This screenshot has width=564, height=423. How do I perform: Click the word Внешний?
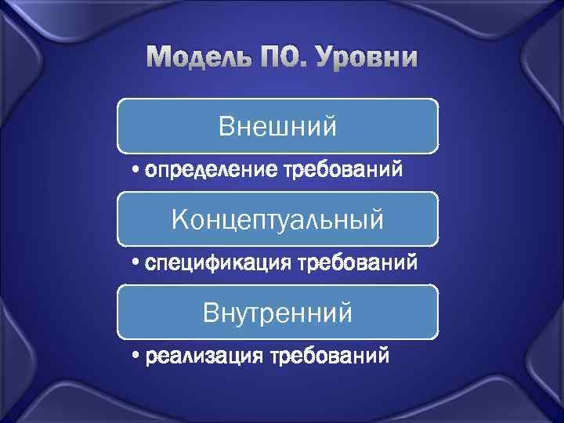pyautogui.click(x=277, y=125)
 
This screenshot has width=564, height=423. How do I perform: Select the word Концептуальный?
pyautogui.click(x=277, y=219)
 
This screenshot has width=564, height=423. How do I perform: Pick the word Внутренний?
pyautogui.click(x=277, y=313)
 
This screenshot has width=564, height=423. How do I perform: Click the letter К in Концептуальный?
pyautogui.click(x=179, y=219)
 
